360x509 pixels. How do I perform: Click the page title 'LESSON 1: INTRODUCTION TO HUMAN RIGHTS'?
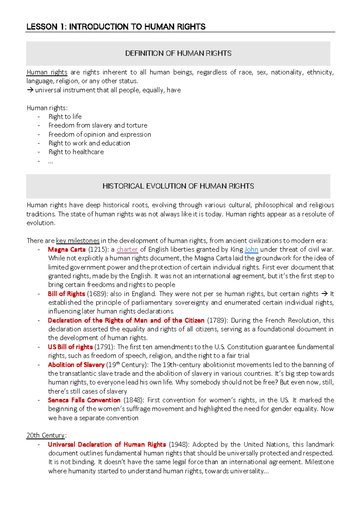pos(116,27)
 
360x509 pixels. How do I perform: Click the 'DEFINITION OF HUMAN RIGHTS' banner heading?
pos(178,53)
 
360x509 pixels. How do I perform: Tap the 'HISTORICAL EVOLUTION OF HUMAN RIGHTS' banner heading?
pos(178,186)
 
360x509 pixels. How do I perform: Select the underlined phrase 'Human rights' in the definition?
pos(47,72)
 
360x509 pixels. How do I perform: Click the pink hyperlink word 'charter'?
pos(127,249)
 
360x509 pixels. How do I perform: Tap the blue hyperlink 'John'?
pos(251,249)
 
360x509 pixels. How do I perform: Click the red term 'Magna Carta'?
pos(67,249)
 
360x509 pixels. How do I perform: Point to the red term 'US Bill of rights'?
pos(70,347)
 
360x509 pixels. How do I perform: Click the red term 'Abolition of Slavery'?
pos(76,365)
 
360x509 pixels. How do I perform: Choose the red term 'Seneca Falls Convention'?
pos(84,400)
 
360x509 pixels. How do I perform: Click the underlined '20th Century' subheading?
pos(46,435)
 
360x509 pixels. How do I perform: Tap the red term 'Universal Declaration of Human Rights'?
pos(107,444)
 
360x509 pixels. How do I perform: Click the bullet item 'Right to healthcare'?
pos(76,152)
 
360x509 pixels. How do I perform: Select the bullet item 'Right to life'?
pos(65,116)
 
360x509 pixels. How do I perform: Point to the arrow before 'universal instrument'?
pos(30,90)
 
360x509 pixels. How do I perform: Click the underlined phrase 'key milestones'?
pos(78,241)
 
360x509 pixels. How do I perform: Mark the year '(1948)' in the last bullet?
pos(179,444)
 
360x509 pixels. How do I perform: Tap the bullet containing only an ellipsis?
pos(50,161)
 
